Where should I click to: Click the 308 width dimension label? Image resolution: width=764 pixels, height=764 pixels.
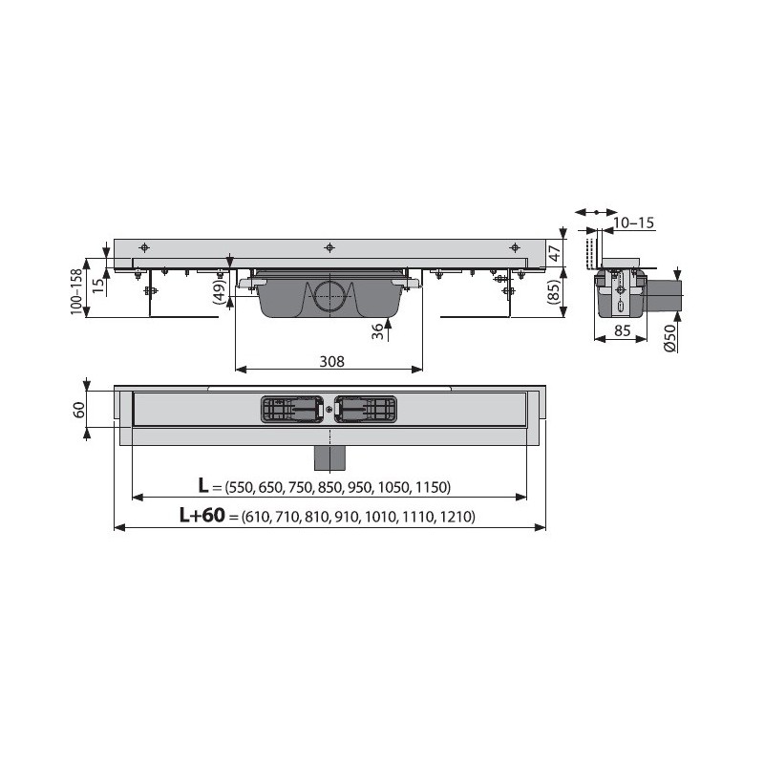point(331,362)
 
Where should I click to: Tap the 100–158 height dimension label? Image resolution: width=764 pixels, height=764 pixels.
point(76,291)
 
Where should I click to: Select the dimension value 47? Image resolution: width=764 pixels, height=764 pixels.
point(555,253)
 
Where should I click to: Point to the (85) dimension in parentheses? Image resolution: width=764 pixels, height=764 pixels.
point(555,292)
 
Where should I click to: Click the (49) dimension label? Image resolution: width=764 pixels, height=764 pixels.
point(220,292)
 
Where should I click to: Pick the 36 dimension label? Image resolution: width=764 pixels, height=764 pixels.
point(377,331)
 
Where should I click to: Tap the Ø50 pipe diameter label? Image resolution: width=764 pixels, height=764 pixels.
point(670,338)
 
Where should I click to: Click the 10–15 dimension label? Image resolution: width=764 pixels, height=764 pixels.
point(633,223)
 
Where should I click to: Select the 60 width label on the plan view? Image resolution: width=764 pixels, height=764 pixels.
point(79,410)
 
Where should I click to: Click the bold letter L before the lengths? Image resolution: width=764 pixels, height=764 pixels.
point(202,485)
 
